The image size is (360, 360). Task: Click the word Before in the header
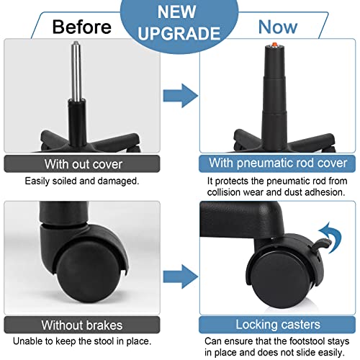[82, 27]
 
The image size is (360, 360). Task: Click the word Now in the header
[278, 27]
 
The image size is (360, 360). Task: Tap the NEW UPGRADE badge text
[179, 22]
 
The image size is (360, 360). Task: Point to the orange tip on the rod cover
[274, 44]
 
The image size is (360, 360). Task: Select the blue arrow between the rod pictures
[181, 96]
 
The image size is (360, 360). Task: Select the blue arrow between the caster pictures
[181, 276]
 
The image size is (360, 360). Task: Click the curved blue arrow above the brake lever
[331, 237]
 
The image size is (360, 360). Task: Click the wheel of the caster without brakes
[88, 272]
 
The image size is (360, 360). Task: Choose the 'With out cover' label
[84, 164]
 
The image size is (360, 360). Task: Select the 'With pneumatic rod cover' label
[278, 163]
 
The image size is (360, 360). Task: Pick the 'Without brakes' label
[82, 325]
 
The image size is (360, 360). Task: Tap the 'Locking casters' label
[278, 325]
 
